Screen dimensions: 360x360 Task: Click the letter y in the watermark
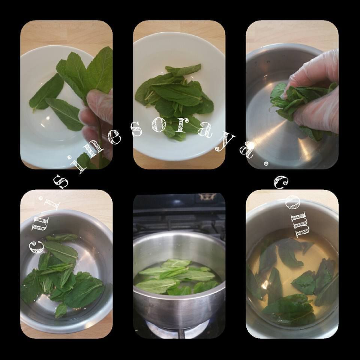225,143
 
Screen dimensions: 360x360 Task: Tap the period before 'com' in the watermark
266,163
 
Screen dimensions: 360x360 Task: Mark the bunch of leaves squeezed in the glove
298,101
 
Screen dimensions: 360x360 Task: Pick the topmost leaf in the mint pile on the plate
183,69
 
